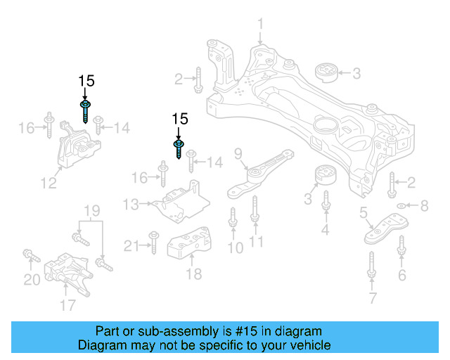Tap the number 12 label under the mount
(48, 184)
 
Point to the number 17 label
(67, 305)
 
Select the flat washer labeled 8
(401, 206)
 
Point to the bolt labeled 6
(401, 247)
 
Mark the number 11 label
(256, 244)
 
